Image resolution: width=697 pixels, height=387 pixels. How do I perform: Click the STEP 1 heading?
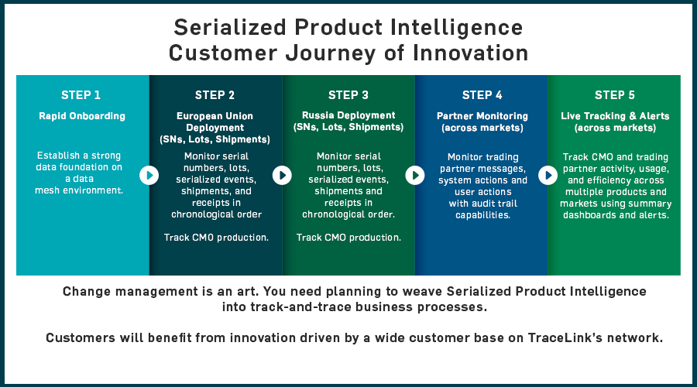tap(81, 95)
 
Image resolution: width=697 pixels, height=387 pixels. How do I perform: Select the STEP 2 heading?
tap(215, 95)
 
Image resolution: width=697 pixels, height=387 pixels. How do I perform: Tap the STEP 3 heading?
tap(348, 95)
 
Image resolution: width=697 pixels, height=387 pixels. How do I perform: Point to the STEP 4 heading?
tap(482, 95)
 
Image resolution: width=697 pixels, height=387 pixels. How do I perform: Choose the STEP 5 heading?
tap(615, 95)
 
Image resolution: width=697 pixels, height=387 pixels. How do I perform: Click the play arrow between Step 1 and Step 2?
tap(149, 175)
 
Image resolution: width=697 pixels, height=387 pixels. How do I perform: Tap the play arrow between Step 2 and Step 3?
tap(282, 175)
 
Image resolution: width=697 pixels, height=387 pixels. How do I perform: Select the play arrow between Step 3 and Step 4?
tap(415, 175)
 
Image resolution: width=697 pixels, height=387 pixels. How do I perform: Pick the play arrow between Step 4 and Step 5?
tap(548, 175)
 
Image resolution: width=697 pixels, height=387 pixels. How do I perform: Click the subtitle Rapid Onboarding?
tap(82, 116)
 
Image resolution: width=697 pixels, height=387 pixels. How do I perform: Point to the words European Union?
tap(215, 116)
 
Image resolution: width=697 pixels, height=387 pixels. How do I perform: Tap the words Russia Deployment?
tap(348, 115)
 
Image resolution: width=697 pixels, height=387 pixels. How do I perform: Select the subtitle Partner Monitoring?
tap(482, 116)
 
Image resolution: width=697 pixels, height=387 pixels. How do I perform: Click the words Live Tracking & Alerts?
tap(615, 116)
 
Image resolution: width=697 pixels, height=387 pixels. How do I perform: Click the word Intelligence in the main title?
tap(456, 28)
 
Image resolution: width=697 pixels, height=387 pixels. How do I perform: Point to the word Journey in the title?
tap(331, 53)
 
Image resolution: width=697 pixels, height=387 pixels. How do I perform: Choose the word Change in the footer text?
tap(86, 292)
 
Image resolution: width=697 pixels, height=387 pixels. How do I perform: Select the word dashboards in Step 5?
tap(589, 215)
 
